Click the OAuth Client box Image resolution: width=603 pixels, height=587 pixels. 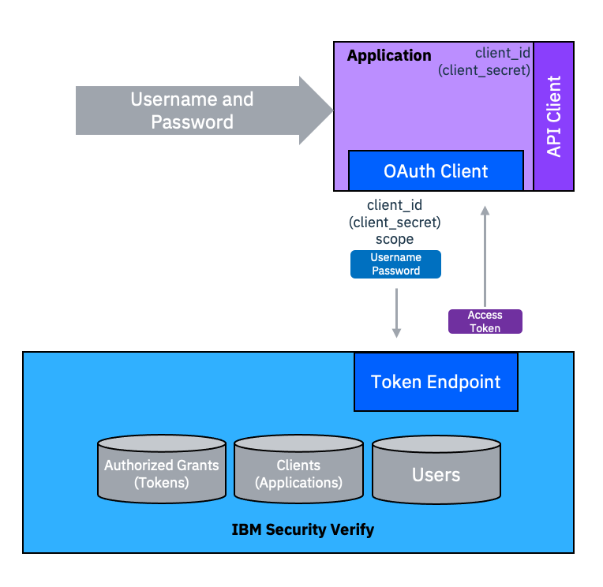(436, 170)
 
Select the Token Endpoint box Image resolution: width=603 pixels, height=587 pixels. (436, 382)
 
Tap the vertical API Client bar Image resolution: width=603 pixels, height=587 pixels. (554, 116)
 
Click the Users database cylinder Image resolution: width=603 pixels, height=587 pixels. (436, 473)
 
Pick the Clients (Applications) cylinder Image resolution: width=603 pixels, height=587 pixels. (298, 473)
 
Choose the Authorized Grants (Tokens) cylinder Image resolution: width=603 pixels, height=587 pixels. (162, 473)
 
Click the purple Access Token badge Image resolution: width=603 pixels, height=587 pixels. (485, 321)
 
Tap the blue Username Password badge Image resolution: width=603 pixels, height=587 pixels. (395, 264)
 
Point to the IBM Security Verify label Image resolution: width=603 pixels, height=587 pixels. (302, 529)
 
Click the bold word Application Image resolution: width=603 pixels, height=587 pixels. (389, 56)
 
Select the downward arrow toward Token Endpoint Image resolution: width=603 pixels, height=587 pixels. (396, 312)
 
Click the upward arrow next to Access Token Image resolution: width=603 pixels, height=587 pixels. (485, 252)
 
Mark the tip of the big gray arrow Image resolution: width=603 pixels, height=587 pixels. (331, 110)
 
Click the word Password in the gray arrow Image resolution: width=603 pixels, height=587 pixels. (192, 122)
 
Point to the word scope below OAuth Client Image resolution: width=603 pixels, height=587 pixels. (395, 239)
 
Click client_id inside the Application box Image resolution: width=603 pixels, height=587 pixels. (502, 53)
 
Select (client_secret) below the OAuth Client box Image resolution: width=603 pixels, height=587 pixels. (395, 222)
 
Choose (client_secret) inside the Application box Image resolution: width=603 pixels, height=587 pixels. (483, 70)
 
